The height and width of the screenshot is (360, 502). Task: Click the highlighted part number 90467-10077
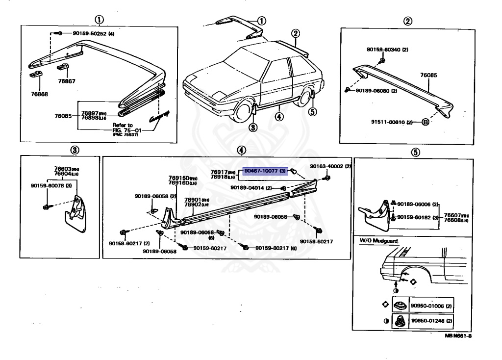tap(265, 171)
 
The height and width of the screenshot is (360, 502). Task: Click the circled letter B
tap(425, 121)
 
